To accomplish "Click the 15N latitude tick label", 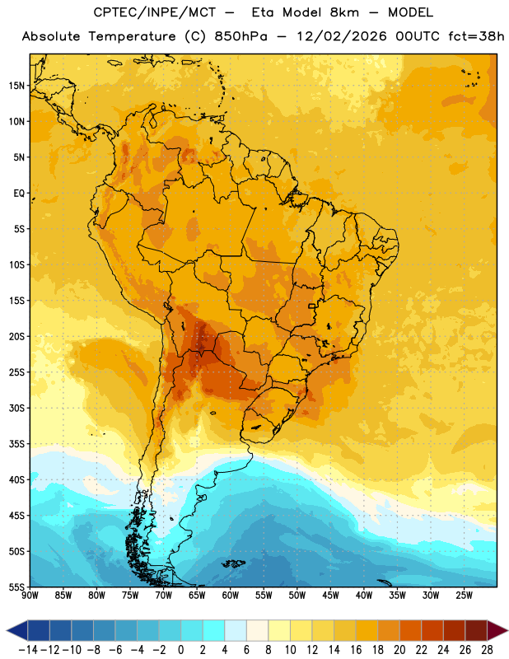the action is click(16, 86).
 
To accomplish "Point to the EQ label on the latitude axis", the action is click(19, 194).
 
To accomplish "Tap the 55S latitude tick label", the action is click(16, 587).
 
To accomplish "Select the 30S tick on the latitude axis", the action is click(16, 408).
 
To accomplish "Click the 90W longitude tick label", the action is click(30, 596).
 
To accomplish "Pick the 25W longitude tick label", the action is click(464, 596).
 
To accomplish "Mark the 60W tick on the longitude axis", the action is click(231, 596).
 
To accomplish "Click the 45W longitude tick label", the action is click(330, 596).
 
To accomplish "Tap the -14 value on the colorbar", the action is click(28, 650).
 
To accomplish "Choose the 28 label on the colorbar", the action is click(487, 650).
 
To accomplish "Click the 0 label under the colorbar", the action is click(180, 650).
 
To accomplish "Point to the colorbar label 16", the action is click(356, 650).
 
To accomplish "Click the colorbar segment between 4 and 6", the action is click(236, 630).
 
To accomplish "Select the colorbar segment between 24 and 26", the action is click(454, 630).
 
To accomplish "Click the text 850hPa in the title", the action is click(240, 36).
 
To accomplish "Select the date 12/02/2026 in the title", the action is click(341, 36).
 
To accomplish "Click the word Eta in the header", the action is click(263, 12).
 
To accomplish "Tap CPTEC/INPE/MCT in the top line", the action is click(154, 12).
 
